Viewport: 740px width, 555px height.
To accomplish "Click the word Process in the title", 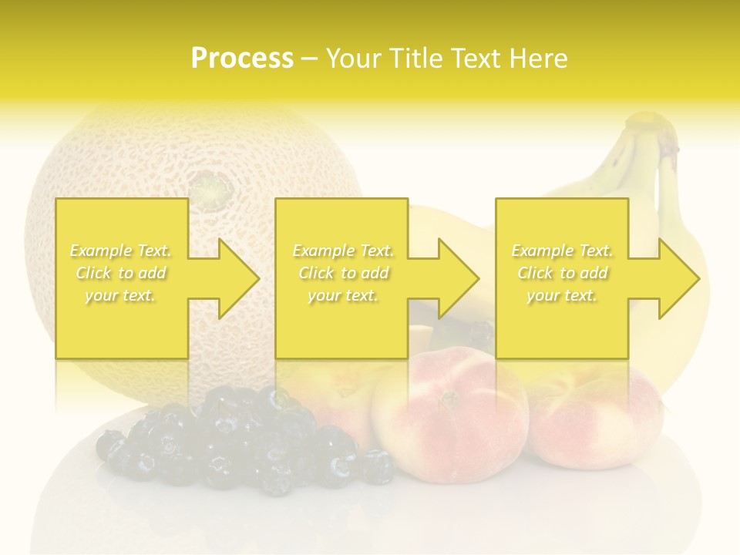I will [242, 59].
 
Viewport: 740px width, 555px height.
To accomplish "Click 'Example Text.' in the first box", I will [120, 251].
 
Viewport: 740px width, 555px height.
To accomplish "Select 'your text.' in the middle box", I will [342, 295].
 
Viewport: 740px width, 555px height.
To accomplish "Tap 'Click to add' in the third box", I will [563, 273].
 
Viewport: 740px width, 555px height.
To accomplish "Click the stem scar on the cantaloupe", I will [207, 186].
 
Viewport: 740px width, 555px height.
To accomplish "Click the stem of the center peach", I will [447, 399].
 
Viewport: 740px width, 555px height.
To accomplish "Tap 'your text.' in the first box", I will [120, 295].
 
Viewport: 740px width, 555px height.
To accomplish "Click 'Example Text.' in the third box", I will [563, 251].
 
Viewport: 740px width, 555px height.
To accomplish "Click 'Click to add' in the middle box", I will [342, 273].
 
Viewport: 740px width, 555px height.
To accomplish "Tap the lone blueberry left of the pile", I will [109, 445].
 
